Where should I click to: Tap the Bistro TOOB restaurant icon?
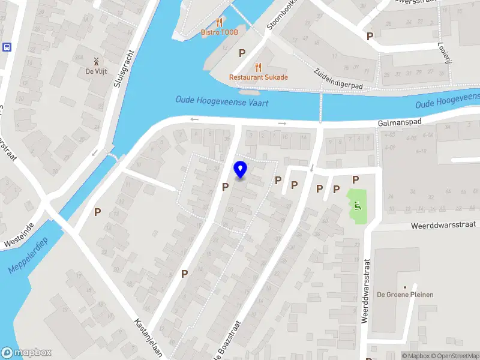[x=220, y=21]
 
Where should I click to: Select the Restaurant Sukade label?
[x=259, y=77]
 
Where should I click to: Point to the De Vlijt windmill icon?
[x=94, y=61]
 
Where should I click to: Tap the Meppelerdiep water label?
[x=28, y=255]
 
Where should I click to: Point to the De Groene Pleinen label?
[x=404, y=295]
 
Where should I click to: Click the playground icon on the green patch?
[x=357, y=206]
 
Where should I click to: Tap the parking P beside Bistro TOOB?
[x=242, y=53]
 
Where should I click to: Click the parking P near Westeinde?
[x=97, y=212]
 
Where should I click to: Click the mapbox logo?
[x=26, y=353]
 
